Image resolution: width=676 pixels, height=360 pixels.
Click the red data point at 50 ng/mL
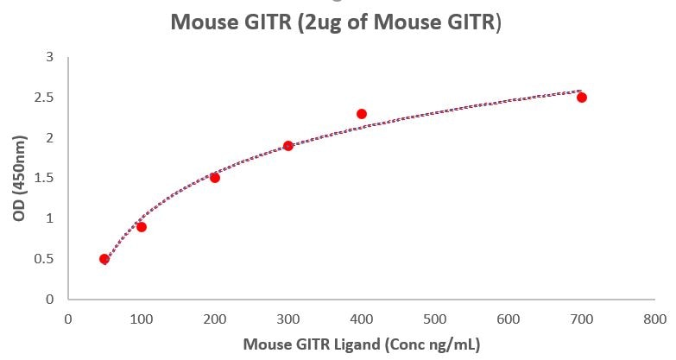(x=104, y=259)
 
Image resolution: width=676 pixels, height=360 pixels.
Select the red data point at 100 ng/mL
(x=142, y=227)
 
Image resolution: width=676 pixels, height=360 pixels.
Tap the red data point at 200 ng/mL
(x=215, y=178)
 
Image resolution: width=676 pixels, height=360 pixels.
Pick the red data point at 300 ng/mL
(x=288, y=146)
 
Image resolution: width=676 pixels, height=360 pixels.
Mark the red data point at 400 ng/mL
(x=362, y=114)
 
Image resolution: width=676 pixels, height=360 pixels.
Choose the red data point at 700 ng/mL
(x=582, y=98)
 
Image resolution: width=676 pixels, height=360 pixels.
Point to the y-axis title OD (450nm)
(x=19, y=178)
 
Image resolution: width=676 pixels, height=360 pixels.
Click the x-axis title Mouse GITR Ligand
(x=361, y=344)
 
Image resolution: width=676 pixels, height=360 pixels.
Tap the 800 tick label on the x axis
(x=655, y=319)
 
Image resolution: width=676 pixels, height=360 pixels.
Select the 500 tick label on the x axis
(x=435, y=319)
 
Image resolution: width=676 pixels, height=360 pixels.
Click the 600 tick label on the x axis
(x=509, y=319)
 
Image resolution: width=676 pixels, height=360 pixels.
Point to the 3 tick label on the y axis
(x=49, y=57)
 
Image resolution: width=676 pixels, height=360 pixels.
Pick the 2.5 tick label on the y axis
(x=44, y=98)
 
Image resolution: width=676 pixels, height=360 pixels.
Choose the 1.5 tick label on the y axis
(x=44, y=178)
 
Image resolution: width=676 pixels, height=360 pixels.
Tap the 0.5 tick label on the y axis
(x=44, y=259)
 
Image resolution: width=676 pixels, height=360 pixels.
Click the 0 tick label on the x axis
(x=68, y=319)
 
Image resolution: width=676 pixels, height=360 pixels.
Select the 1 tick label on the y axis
(x=49, y=218)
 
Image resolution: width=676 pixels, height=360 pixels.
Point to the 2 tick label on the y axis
(x=49, y=138)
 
